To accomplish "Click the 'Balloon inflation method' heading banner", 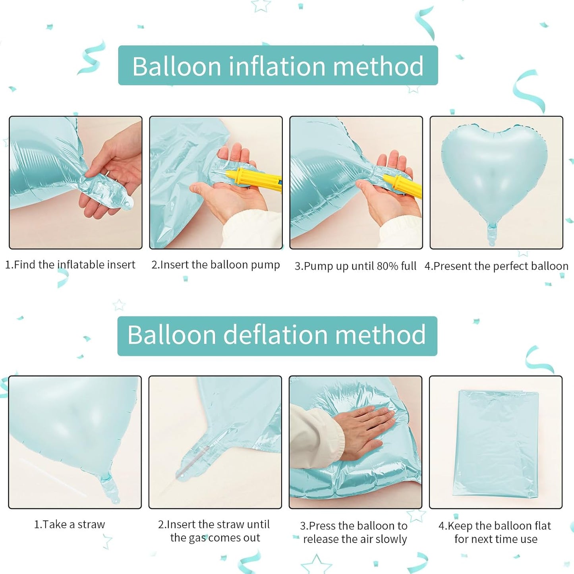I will click(278, 66).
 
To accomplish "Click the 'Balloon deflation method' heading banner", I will click(277, 336).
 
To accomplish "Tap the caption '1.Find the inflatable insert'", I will click(70, 265).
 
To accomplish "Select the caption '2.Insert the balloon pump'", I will click(216, 265).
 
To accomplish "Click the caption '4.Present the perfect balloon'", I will click(496, 266).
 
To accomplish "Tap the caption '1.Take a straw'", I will click(70, 524).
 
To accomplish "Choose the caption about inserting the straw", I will click(215, 531).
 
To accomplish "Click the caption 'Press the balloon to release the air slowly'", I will click(354, 532).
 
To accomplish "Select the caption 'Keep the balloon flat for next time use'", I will click(495, 532).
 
